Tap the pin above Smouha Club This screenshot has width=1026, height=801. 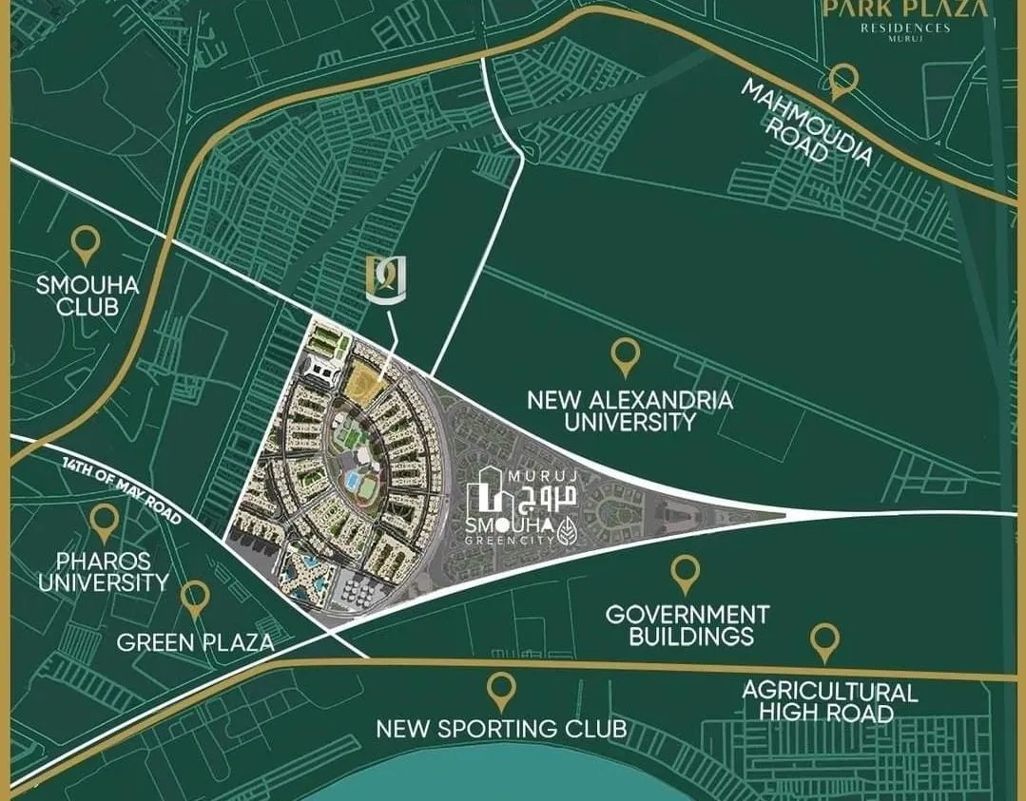point(87,244)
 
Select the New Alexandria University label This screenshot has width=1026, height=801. point(629,410)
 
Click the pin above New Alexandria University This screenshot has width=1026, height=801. point(624,355)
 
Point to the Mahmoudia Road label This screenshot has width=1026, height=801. point(805,122)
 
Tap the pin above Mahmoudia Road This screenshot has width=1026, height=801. point(842,82)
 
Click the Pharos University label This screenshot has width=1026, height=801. point(103,570)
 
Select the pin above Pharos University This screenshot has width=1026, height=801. point(104,521)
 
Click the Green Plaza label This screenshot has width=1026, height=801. point(195,643)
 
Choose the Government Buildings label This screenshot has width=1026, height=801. point(687,625)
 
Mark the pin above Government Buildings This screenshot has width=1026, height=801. point(685,573)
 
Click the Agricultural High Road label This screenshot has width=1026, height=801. point(830,702)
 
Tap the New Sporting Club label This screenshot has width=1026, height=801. point(501,730)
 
